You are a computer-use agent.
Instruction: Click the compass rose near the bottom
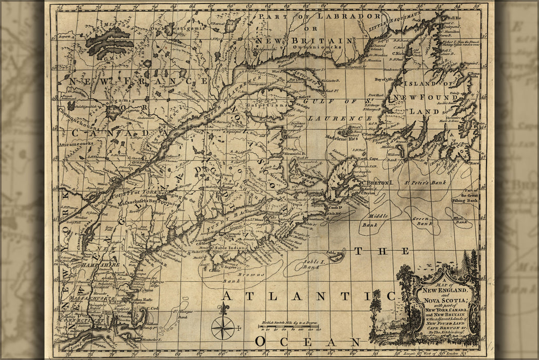(223, 327)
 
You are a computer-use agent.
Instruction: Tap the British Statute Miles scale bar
(288, 327)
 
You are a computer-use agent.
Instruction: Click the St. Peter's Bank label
(424, 182)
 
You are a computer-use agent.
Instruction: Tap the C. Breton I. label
(378, 182)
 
